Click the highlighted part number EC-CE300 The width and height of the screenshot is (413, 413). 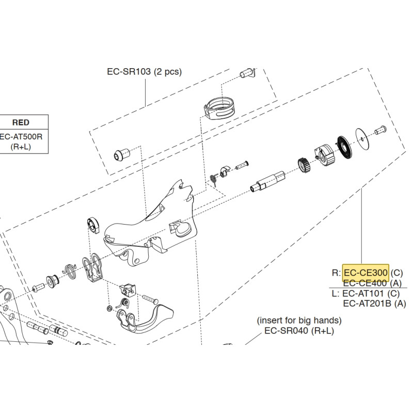tap(366, 273)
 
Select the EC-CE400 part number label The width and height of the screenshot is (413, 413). tap(366, 283)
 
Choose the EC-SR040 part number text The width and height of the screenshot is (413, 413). tap(287, 331)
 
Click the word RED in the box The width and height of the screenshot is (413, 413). tap(21, 122)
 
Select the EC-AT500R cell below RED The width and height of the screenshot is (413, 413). tap(21, 137)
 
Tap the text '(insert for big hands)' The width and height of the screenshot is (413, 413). tap(299, 321)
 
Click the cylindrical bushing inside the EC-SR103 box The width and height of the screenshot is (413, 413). tap(122, 154)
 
